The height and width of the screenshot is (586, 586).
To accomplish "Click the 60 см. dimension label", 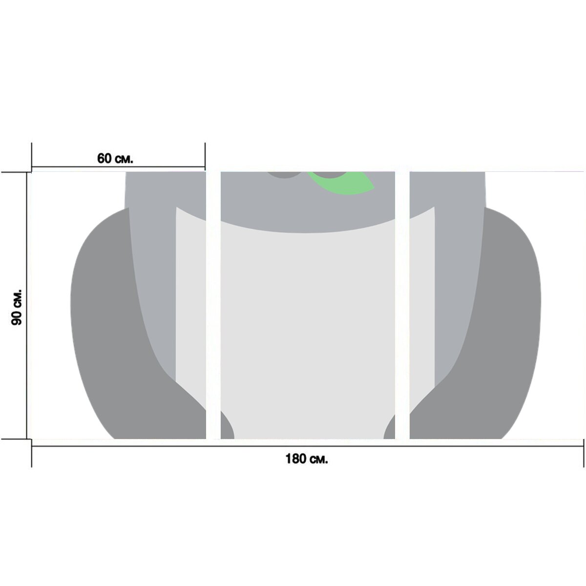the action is click(115, 158).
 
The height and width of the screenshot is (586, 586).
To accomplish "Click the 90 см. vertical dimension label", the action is click(17, 307).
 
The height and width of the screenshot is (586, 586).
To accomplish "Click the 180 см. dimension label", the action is click(307, 459).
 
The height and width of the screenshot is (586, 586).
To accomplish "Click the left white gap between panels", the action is click(213, 305).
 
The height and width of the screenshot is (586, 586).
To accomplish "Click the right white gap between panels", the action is click(402, 305).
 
